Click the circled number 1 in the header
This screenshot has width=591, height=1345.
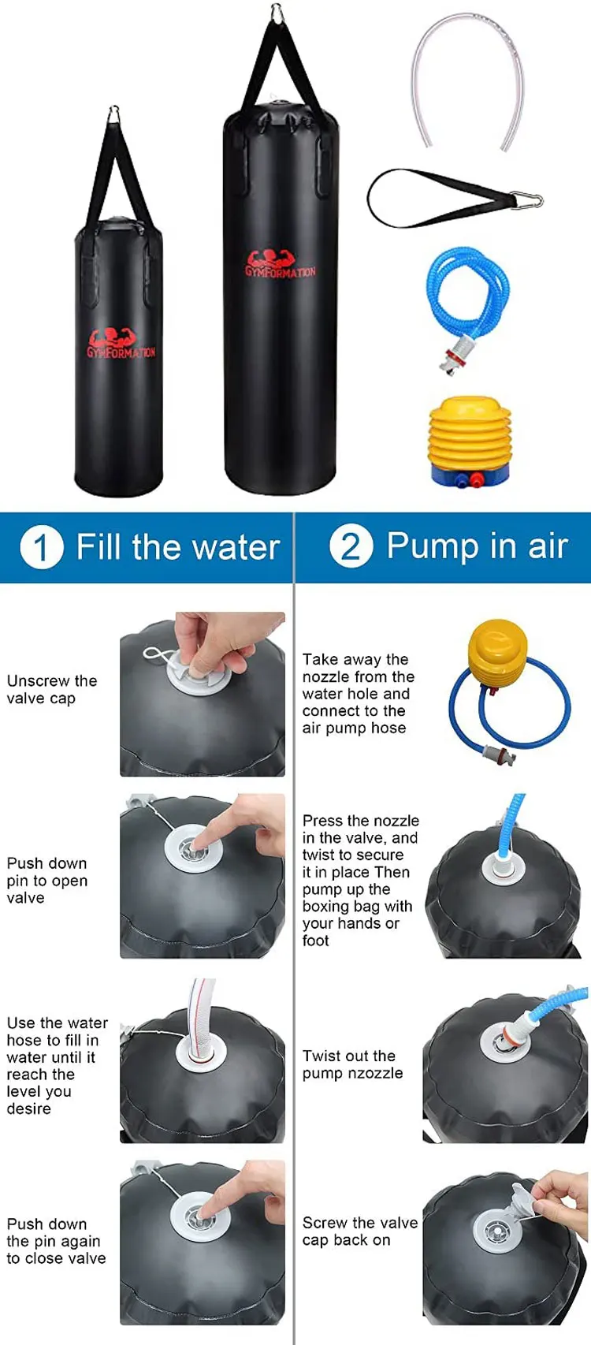[42, 548]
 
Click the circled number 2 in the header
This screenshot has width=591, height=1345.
[351, 546]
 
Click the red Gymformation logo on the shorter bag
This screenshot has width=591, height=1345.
[121, 344]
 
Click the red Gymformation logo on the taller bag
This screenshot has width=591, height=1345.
[281, 263]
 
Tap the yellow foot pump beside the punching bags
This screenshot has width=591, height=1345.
[469, 439]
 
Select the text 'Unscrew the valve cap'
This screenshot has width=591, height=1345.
[51, 689]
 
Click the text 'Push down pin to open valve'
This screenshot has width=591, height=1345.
[46, 881]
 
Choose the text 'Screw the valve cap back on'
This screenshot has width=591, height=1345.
[360, 1231]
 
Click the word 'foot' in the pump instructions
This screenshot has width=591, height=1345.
[316, 941]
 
